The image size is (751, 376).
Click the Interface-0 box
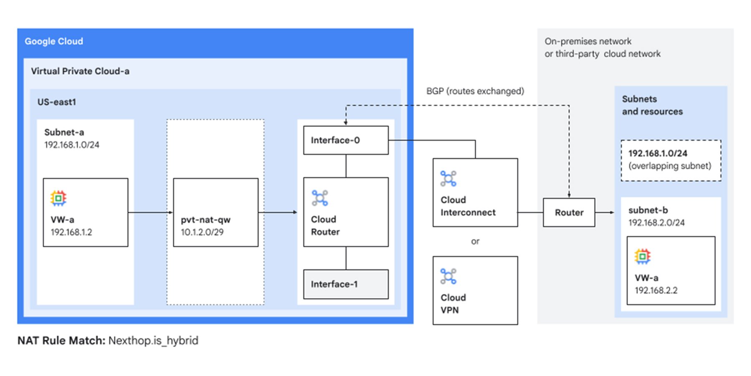[x=345, y=140]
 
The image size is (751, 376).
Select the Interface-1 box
[x=345, y=284]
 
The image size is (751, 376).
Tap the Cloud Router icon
[x=320, y=198]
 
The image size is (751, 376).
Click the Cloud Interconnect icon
[x=449, y=179]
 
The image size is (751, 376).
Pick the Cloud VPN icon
[x=449, y=277]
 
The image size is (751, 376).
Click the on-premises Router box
[x=569, y=213]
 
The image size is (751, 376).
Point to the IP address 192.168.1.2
[x=71, y=232]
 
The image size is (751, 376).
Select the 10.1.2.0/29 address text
[x=202, y=232]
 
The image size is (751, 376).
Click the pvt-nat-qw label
[x=205, y=220]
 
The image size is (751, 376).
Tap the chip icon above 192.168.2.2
[x=643, y=256]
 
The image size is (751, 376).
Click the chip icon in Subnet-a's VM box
[x=58, y=198]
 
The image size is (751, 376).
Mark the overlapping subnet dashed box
[x=670, y=160]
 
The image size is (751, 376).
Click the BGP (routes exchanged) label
[x=475, y=91]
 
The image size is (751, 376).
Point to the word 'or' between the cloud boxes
[x=475, y=241]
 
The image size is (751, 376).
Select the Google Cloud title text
[x=54, y=41]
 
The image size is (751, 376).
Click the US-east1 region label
[x=57, y=102]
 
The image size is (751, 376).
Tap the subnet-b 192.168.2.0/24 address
[x=656, y=223]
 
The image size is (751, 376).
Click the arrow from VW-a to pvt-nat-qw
[x=150, y=213]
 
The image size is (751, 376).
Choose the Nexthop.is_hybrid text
[x=153, y=340]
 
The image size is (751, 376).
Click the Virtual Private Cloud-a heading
[x=80, y=71]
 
